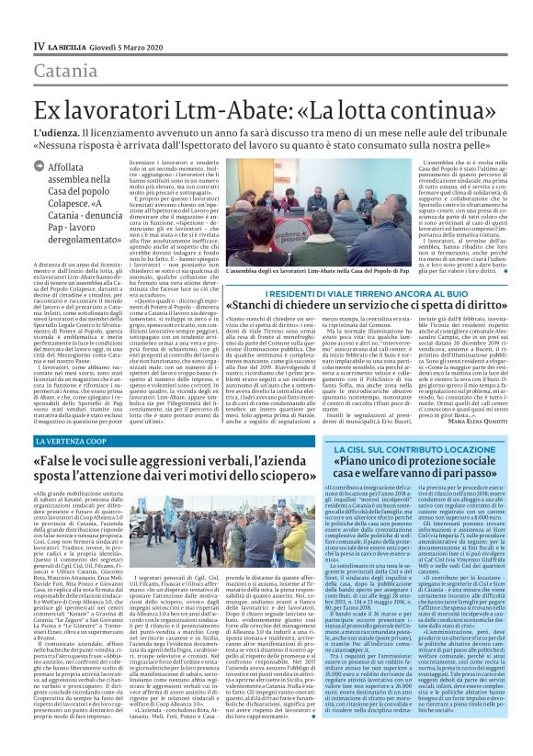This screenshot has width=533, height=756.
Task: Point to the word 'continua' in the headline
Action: pyautogui.click(x=437, y=106)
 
